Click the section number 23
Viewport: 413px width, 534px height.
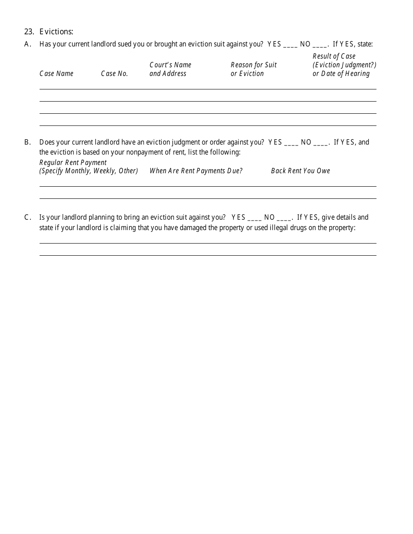pos(29,32)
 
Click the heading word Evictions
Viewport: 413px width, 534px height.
pos(56,32)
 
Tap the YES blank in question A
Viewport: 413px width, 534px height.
pos(290,45)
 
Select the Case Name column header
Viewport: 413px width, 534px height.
pos(57,74)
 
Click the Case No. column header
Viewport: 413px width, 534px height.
pos(114,74)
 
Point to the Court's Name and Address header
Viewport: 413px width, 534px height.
pos(170,69)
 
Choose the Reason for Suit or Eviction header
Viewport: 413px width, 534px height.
pos(253,69)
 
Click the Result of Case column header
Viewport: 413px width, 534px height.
pos(344,65)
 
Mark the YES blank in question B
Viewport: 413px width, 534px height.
pos(291,143)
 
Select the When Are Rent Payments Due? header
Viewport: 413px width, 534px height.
pos(196,171)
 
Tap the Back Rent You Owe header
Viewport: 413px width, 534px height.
pos(300,171)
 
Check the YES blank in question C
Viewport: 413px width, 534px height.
pos(254,218)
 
